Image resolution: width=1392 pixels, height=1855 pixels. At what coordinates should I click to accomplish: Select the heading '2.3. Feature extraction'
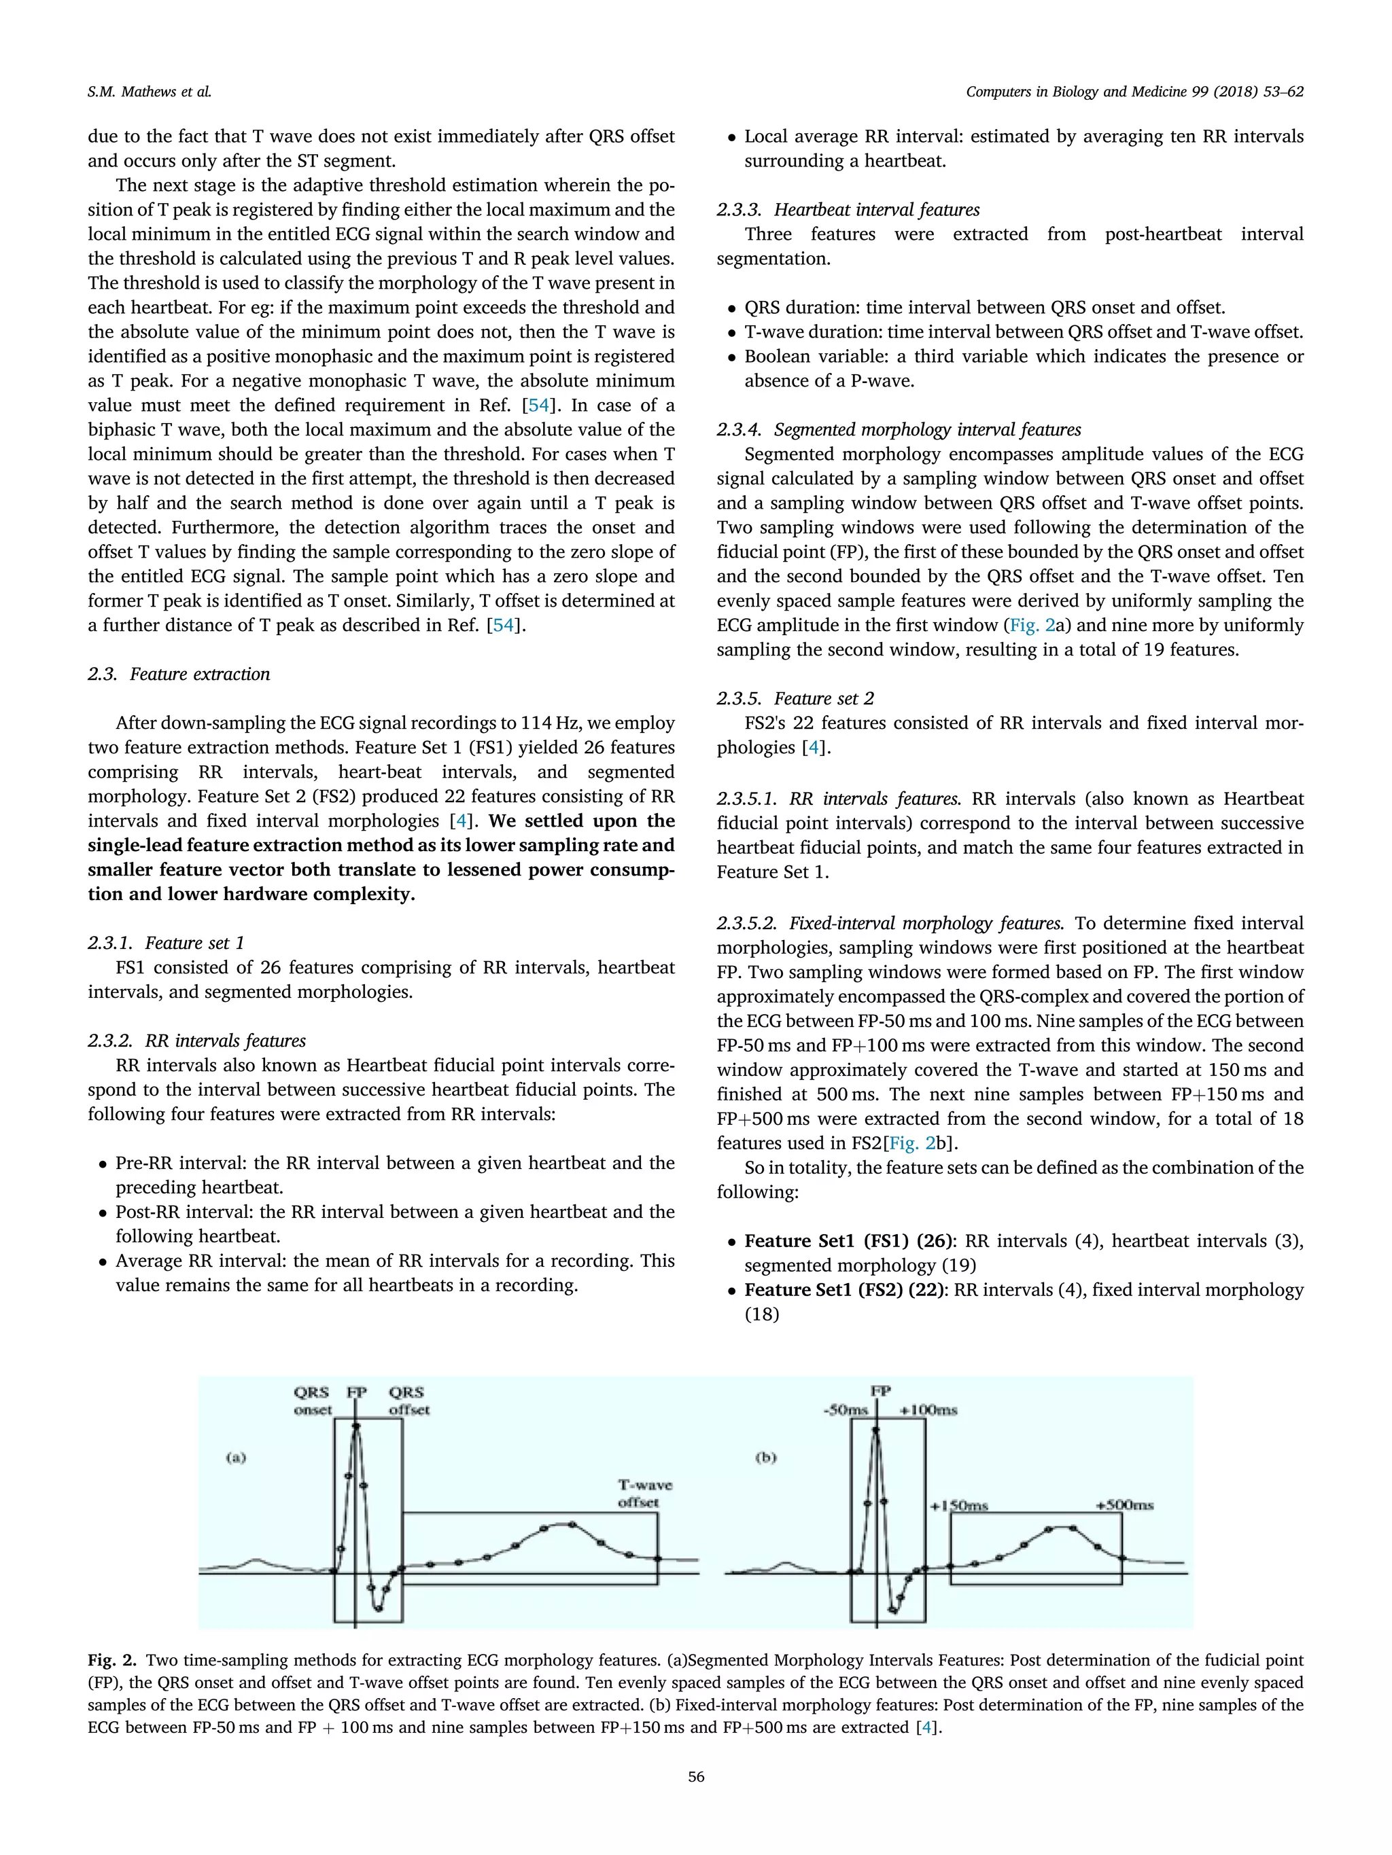179,674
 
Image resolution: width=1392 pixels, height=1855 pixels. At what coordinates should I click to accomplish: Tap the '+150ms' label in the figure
958,1506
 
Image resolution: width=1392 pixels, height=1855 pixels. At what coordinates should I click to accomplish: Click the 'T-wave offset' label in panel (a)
644,1493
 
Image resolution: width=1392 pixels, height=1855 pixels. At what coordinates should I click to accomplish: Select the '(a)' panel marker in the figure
236,1458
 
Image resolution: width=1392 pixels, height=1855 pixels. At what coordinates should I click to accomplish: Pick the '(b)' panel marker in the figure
765,1458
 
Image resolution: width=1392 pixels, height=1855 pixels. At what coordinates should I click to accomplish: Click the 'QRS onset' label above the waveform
312,1401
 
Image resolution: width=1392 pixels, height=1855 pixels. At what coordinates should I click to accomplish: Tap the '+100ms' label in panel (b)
928,1411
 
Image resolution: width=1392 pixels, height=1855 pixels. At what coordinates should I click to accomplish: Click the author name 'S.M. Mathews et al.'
150,92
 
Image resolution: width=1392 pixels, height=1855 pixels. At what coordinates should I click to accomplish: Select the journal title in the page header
1134,92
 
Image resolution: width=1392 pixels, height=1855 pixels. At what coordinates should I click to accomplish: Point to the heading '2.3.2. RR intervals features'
196,1041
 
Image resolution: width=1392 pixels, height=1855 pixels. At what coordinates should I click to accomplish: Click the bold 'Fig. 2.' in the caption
111,1661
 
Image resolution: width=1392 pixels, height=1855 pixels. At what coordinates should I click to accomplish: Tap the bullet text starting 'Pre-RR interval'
394,1163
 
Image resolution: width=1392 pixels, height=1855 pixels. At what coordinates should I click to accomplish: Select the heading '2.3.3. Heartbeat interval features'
848,210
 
